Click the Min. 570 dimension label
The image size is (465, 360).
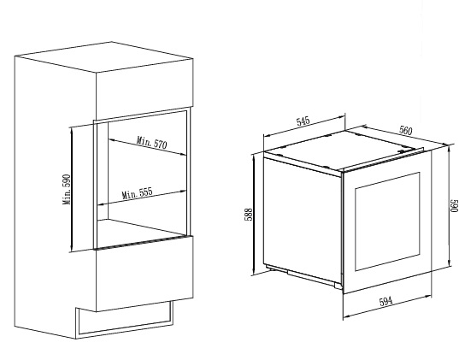[151, 143]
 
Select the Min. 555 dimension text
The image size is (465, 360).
[138, 193]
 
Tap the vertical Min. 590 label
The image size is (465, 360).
[67, 189]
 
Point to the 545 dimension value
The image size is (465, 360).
[303, 121]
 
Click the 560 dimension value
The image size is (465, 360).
[406, 130]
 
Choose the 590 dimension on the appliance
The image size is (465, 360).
[454, 206]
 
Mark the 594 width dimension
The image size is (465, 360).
[386, 301]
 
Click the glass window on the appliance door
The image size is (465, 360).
[387, 221]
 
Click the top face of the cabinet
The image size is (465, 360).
[104, 56]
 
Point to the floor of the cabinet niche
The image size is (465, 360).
[141, 232]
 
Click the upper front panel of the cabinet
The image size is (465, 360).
[144, 90]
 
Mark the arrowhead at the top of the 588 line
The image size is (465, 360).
[254, 158]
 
